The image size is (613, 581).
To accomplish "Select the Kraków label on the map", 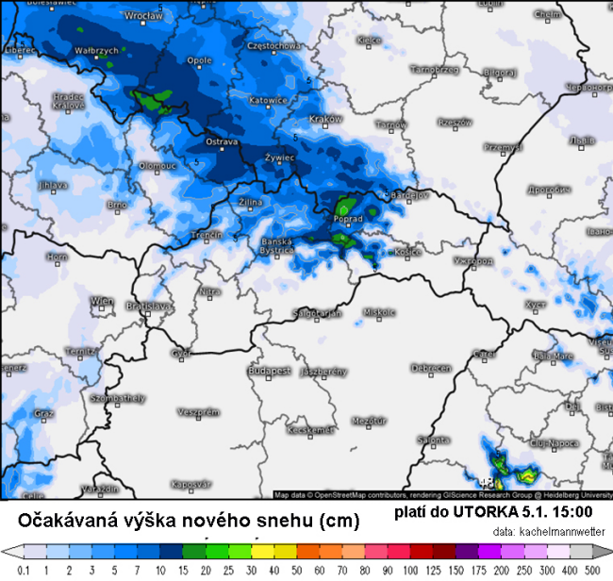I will point(324,119).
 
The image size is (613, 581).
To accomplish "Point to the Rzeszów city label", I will point(454,122).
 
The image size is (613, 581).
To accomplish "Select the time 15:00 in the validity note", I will point(572,512).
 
